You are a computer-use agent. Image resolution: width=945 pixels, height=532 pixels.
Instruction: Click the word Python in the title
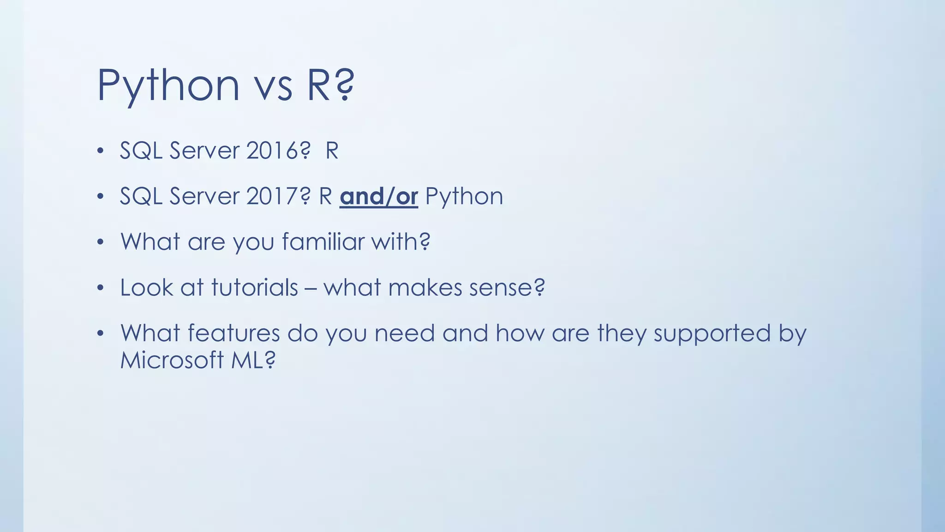pyautogui.click(x=168, y=86)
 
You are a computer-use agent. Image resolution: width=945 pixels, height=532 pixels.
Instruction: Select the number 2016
pyautogui.click(x=272, y=151)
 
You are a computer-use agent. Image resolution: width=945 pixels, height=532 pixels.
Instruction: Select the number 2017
pyautogui.click(x=272, y=196)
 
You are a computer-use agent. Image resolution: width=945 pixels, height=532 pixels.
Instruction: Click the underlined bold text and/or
pyautogui.click(x=379, y=197)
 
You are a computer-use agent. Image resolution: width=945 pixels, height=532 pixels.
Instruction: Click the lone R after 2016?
pyautogui.click(x=332, y=151)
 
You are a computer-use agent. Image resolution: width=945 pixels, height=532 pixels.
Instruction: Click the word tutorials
pyautogui.click(x=255, y=288)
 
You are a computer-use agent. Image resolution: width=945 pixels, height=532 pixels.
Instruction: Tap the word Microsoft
pyautogui.click(x=172, y=360)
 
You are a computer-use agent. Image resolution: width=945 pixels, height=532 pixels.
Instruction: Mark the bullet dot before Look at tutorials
pyautogui.click(x=101, y=288)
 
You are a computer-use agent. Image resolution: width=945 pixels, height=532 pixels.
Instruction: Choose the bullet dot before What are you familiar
pyautogui.click(x=101, y=242)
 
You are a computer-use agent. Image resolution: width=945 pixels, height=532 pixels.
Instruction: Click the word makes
pyautogui.click(x=425, y=288)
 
